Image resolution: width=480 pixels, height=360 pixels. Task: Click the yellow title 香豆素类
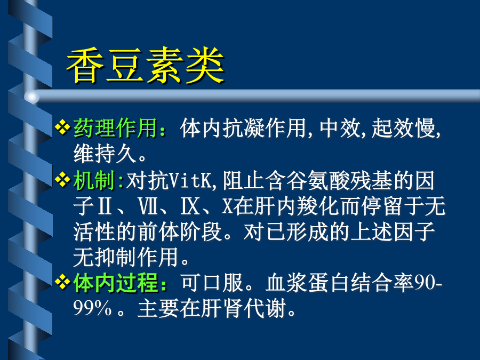coord(146,65)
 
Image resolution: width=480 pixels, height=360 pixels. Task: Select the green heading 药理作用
coord(115,128)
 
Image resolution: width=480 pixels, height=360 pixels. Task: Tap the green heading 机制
coord(94,180)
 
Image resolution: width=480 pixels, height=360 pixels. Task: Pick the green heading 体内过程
coord(115,282)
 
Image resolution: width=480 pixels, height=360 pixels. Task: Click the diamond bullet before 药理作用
coord(62,127)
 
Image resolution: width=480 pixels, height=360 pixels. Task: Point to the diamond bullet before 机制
coord(62,179)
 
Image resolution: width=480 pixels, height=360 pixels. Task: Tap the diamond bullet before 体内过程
coord(62,282)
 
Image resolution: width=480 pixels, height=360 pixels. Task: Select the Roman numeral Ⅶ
coord(148,206)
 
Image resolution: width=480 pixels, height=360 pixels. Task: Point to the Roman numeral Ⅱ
coord(105,206)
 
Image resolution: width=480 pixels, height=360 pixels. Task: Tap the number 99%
coord(92,308)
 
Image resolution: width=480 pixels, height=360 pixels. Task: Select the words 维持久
coord(105,154)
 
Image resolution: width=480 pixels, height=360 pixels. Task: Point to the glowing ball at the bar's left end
coord(32,97)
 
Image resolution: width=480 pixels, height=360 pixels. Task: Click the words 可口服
coord(212,282)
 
